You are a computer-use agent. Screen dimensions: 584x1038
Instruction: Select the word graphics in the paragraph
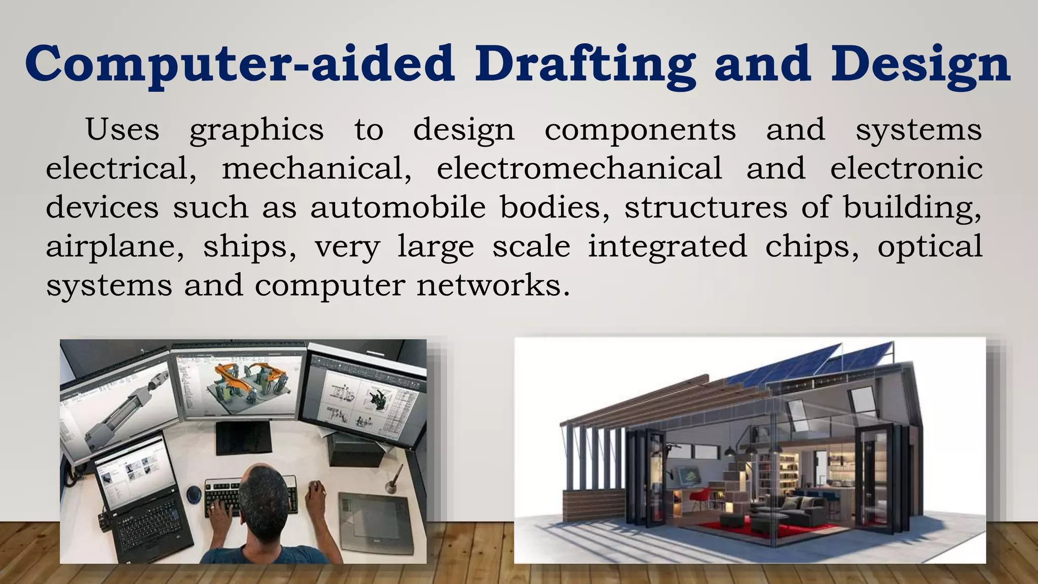256,130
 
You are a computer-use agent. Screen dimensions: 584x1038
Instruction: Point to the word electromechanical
579,168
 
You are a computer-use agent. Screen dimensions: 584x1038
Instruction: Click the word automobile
398,207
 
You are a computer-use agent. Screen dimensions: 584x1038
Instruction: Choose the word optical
930,247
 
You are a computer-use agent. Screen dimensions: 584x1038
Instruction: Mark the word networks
490,285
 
